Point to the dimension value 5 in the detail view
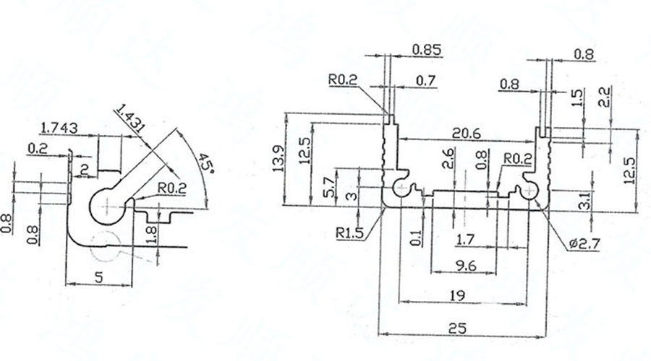(x=100, y=276)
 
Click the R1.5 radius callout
(x=350, y=232)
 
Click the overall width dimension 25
(x=457, y=328)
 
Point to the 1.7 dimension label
(x=466, y=238)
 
